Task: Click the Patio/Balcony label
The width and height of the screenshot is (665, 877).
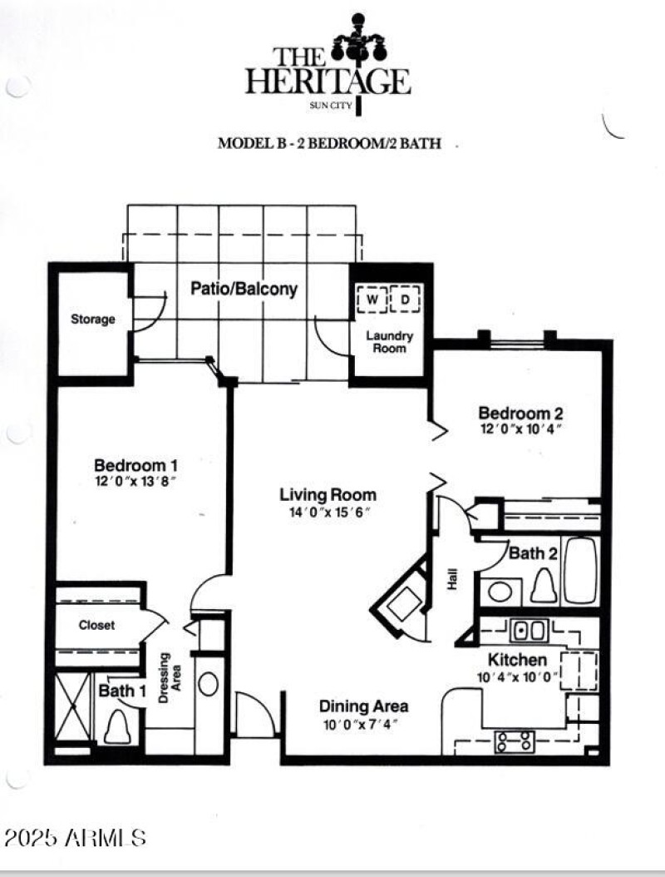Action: click(x=244, y=290)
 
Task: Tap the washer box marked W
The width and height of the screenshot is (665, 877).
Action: click(x=372, y=299)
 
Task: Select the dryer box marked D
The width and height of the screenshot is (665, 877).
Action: click(x=406, y=299)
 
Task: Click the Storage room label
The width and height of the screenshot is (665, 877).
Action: click(x=92, y=320)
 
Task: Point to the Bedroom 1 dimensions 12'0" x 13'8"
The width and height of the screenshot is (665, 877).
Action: click(x=135, y=481)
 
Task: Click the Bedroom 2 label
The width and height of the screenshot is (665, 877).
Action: click(x=515, y=413)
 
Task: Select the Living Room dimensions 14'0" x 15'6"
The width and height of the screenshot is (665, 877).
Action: click(x=328, y=511)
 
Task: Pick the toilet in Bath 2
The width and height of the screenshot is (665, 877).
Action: click(x=544, y=585)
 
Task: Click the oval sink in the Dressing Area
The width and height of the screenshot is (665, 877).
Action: click(x=209, y=684)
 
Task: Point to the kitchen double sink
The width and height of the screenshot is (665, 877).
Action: click(x=529, y=631)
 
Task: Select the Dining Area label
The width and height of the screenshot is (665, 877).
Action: click(x=364, y=706)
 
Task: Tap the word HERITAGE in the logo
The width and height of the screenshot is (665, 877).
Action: click(x=328, y=82)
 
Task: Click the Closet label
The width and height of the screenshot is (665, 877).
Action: click(x=97, y=625)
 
